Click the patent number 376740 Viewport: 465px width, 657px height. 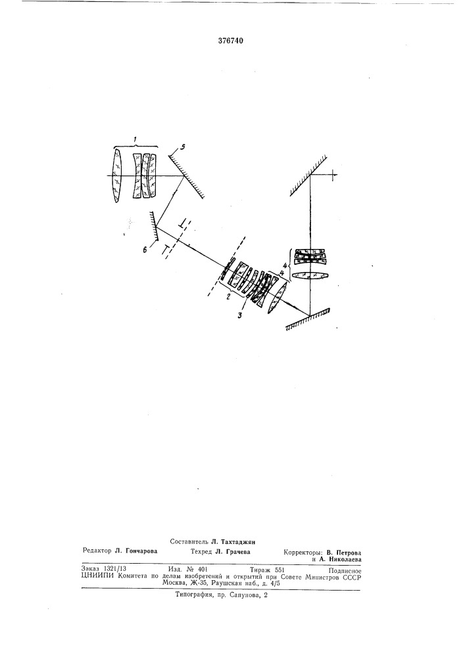point(231,41)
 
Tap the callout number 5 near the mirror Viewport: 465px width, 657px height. point(182,147)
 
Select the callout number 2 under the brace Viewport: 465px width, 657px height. point(228,297)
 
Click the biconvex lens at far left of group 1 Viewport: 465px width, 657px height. point(117,176)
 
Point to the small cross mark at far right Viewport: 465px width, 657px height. point(333,175)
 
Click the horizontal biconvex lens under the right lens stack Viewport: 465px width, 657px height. point(310,276)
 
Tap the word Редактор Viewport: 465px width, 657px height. point(97,551)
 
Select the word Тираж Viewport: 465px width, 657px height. point(260,570)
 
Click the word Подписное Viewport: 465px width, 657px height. point(345,570)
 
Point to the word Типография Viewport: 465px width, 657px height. point(191,595)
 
